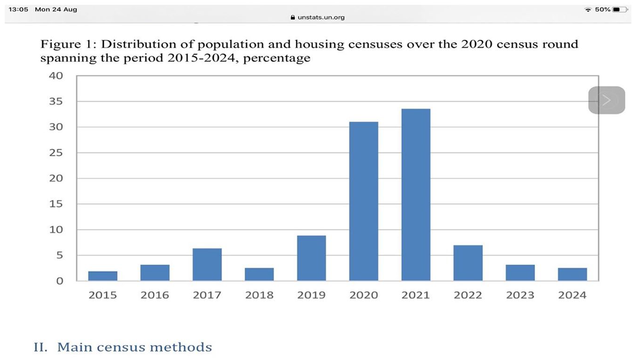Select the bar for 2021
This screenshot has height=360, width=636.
click(416, 195)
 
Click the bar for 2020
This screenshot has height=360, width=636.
click(364, 202)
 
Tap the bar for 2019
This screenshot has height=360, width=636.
click(311, 258)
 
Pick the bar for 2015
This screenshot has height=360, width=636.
click(103, 276)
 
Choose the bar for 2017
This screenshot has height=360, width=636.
click(207, 265)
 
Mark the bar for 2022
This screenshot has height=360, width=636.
click(468, 263)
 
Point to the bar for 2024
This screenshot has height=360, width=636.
click(572, 274)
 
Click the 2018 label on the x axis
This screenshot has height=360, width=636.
click(259, 295)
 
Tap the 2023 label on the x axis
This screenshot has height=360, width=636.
click(520, 295)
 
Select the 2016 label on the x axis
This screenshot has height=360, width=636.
click(155, 295)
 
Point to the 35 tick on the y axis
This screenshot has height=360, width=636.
click(56, 101)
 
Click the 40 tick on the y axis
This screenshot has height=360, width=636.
click(56, 76)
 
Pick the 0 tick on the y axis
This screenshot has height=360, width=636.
click(60, 281)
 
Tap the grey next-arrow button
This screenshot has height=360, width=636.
click(607, 100)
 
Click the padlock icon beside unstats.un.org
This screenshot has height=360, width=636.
click(293, 17)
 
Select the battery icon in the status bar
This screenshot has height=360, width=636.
click(620, 10)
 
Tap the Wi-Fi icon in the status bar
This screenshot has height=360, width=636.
click(588, 10)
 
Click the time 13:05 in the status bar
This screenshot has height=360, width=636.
click(18, 9)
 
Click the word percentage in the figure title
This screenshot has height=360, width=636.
click(277, 58)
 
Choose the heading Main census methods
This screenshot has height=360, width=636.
click(135, 347)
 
